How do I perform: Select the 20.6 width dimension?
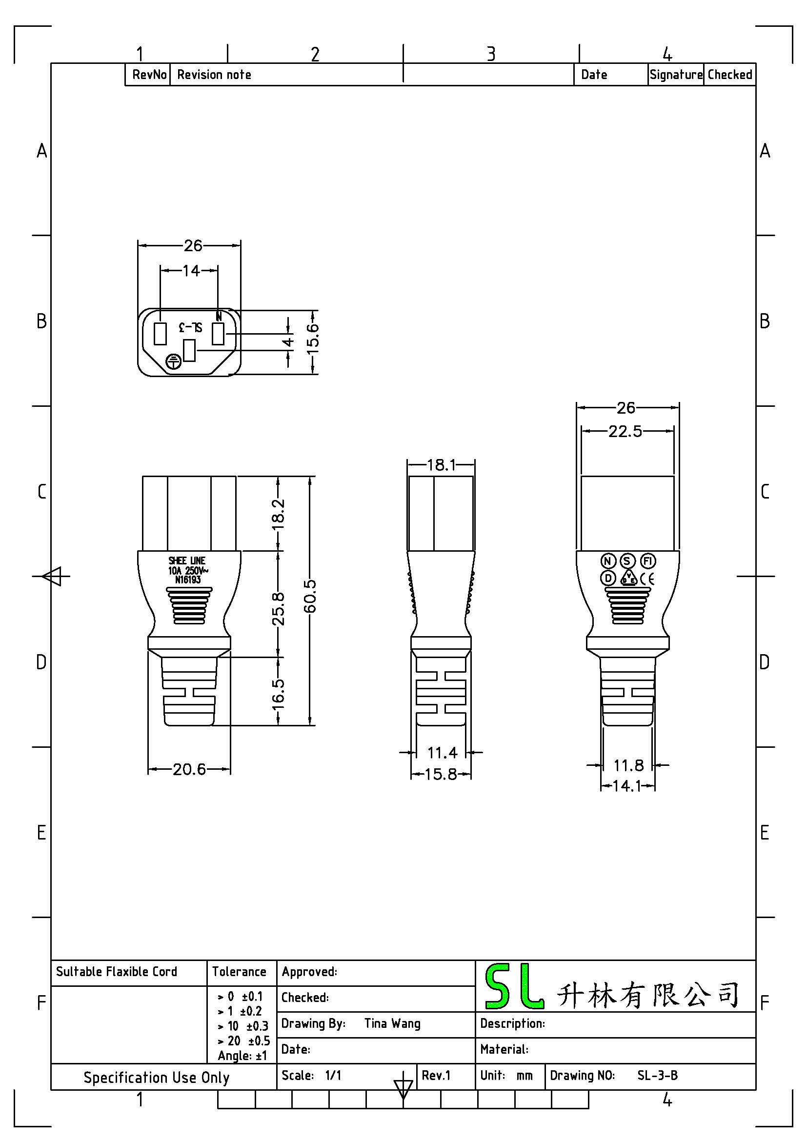[x=189, y=769]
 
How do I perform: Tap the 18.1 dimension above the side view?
[x=441, y=465]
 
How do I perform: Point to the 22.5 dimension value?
[x=625, y=431]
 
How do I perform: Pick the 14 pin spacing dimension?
[x=191, y=270]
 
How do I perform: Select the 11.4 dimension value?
[x=442, y=752]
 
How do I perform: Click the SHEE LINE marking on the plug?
[x=187, y=560]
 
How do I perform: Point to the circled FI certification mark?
[x=647, y=561]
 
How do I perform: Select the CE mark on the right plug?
[x=647, y=579]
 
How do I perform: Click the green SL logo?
[x=513, y=986]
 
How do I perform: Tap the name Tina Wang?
[x=392, y=1023]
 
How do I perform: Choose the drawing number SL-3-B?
[x=657, y=1076]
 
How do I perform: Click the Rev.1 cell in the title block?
[x=436, y=1076]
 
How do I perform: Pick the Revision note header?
[x=214, y=75]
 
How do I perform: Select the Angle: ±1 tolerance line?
[x=242, y=1056]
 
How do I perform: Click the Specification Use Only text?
[x=157, y=1078]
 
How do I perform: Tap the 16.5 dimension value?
[x=278, y=693]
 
